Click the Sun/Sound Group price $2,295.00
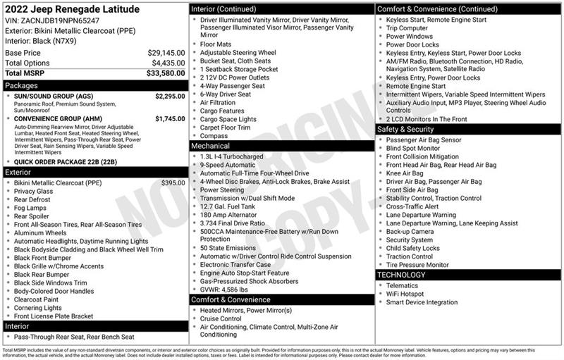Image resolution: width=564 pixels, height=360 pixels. [x=170, y=97]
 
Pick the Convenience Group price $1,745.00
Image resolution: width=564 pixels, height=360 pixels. [x=170, y=118]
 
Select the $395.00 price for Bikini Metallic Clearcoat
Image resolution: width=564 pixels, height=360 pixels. [x=173, y=182]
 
